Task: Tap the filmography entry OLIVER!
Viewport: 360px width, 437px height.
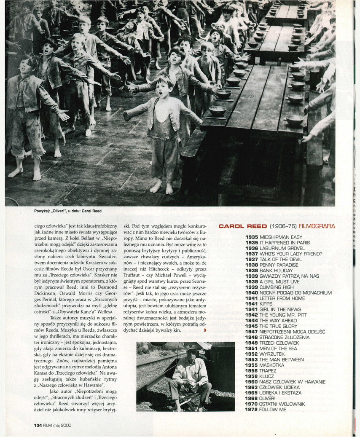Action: [x=268, y=398]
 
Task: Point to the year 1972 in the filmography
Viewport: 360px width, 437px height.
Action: [x=252, y=410]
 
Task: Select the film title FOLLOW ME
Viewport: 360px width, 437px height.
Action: [x=273, y=410]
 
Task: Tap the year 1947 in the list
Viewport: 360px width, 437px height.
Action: [x=252, y=332]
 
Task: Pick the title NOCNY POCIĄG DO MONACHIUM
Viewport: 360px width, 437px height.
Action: [x=296, y=293]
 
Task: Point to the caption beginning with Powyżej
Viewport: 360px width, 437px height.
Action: [x=67, y=211]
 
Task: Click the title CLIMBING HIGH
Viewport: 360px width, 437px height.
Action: [x=277, y=287]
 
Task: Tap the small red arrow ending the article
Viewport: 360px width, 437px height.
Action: [x=205, y=330]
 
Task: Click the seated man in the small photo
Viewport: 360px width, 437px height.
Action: [x=191, y=375]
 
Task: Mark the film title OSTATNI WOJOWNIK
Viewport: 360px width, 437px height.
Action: [x=282, y=404]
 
